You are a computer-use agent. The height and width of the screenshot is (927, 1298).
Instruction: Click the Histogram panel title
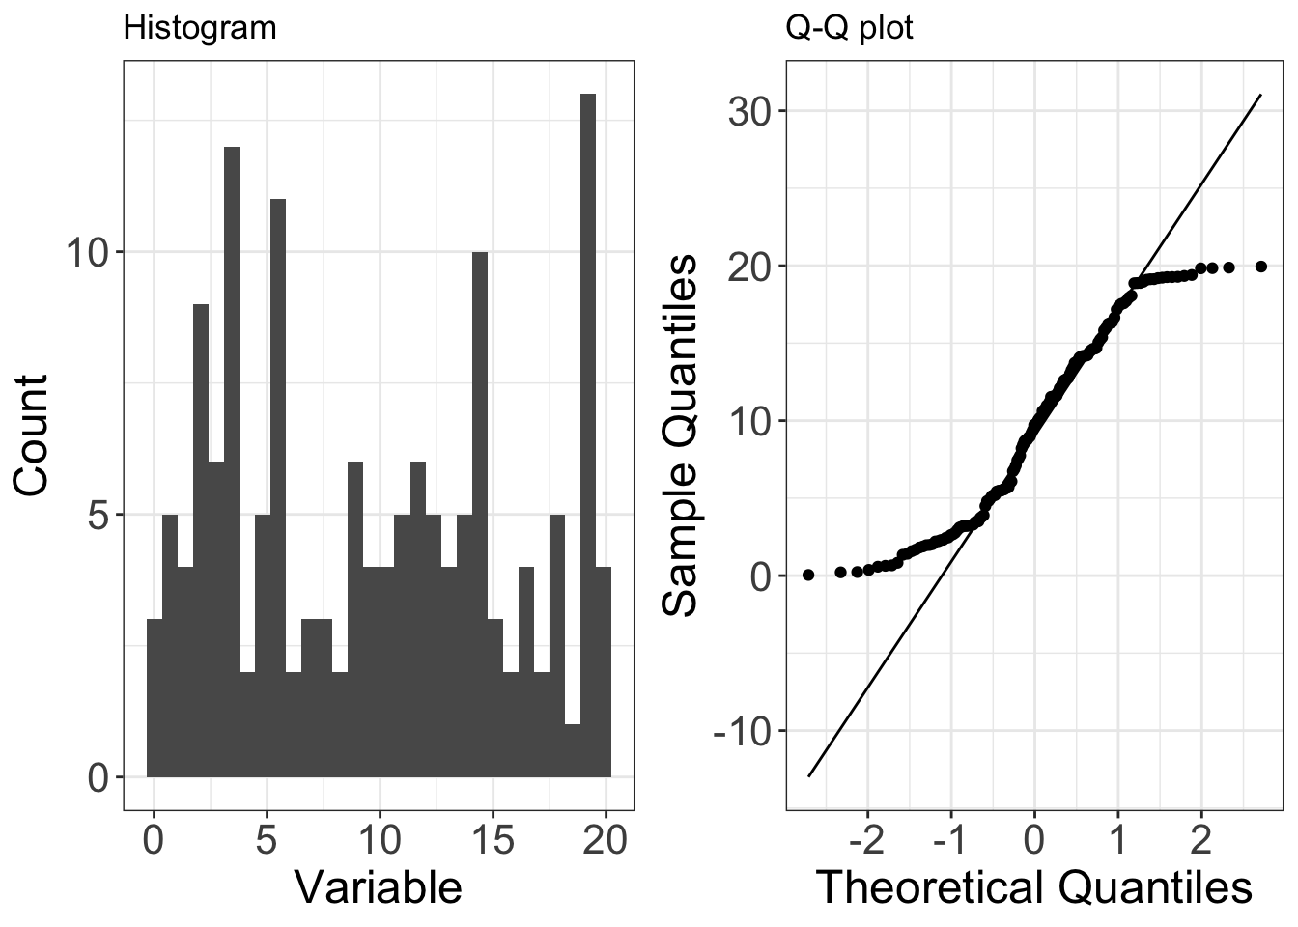[x=200, y=28]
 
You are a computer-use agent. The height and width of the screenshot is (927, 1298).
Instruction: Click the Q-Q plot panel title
[x=849, y=28]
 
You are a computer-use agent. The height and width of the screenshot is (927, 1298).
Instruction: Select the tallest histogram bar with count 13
[x=587, y=435]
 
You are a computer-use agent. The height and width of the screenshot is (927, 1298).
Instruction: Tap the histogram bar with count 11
[x=278, y=488]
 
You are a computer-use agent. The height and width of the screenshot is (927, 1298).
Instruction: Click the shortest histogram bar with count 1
[x=572, y=750]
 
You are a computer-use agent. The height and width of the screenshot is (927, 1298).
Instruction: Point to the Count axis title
[x=31, y=435]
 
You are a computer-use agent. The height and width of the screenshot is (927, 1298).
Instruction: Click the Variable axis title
[x=378, y=886]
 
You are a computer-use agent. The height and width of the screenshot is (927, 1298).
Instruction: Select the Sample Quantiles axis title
[x=682, y=435]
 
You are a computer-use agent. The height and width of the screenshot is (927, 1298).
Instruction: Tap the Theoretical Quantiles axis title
[x=1034, y=886]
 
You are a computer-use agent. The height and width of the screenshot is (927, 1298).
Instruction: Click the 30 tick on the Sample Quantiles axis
[x=752, y=111]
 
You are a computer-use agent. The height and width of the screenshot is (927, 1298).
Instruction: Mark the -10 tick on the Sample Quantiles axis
[x=745, y=731]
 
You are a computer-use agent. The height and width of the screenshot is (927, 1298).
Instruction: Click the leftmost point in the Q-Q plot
[x=808, y=575]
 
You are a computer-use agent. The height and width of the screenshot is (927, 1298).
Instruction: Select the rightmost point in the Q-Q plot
[x=1260, y=267]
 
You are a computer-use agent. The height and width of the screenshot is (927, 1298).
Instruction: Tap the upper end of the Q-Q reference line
[x=1260, y=95]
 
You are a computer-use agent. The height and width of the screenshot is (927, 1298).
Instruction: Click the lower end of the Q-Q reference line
[x=809, y=776]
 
